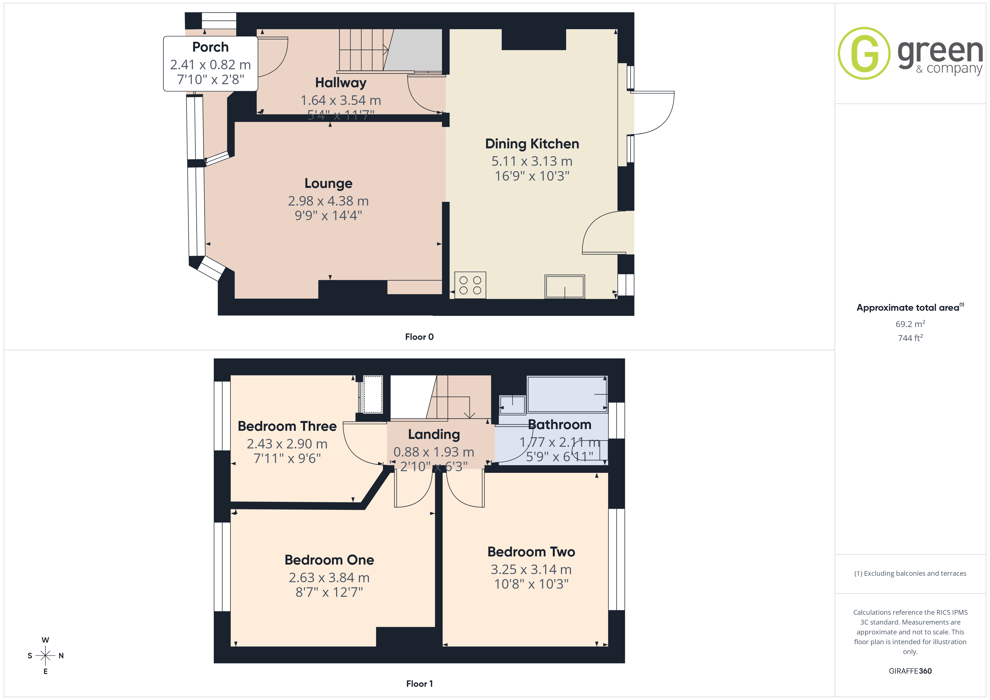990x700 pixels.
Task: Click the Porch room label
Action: coord(210,47)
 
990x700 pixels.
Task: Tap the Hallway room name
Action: coord(341,82)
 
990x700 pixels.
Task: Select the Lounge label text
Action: coord(329,184)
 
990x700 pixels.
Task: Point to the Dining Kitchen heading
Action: coord(532,144)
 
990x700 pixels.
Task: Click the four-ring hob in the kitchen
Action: coord(470,285)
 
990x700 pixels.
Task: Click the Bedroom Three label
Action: coord(287,426)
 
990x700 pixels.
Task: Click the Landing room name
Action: coord(434,434)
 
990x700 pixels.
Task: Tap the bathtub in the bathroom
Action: coord(567,394)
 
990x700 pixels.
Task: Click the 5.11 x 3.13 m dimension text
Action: coord(532,161)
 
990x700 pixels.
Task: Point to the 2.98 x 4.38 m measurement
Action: coord(329,201)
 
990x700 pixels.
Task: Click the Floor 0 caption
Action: coord(419,337)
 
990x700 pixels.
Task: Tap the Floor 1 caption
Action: coord(419,684)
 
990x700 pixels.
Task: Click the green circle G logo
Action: coord(864,54)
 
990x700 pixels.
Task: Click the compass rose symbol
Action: coord(45,656)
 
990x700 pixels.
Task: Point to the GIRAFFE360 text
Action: coord(910,671)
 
